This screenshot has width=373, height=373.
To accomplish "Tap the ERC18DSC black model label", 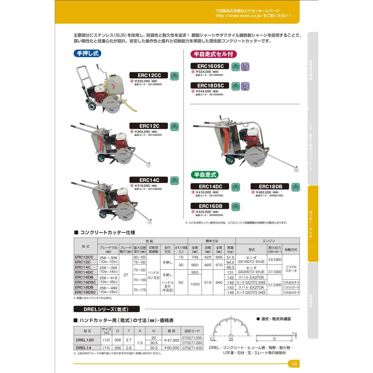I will point(210,85).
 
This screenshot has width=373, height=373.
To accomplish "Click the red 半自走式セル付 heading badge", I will point(213,54).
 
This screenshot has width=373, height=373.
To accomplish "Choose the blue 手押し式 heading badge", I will point(87,53).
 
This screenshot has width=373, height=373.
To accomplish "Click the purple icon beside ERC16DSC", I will point(245,66).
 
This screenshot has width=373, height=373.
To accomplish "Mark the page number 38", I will point(294,364).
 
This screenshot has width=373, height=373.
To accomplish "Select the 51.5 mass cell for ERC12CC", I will point(230,257).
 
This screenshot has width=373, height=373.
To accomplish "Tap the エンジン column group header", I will point(267,240).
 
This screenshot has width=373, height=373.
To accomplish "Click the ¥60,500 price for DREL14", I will point(171,348).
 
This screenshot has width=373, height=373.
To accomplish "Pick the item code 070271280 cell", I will point(192,343).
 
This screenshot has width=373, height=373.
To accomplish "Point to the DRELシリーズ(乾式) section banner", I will point(106,309).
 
